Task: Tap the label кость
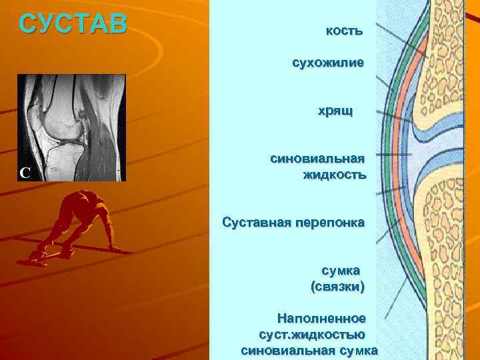coord(344,31)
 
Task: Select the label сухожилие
coord(327,63)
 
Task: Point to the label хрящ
coord(335,111)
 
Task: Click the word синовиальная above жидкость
coord(317,159)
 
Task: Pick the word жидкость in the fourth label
coord(334,175)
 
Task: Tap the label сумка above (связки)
coord(341,271)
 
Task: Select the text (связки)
coord(337,287)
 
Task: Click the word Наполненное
coord(322,319)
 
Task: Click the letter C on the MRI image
coord(24,173)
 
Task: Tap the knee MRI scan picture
coord(71,127)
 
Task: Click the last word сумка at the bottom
coord(358,351)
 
